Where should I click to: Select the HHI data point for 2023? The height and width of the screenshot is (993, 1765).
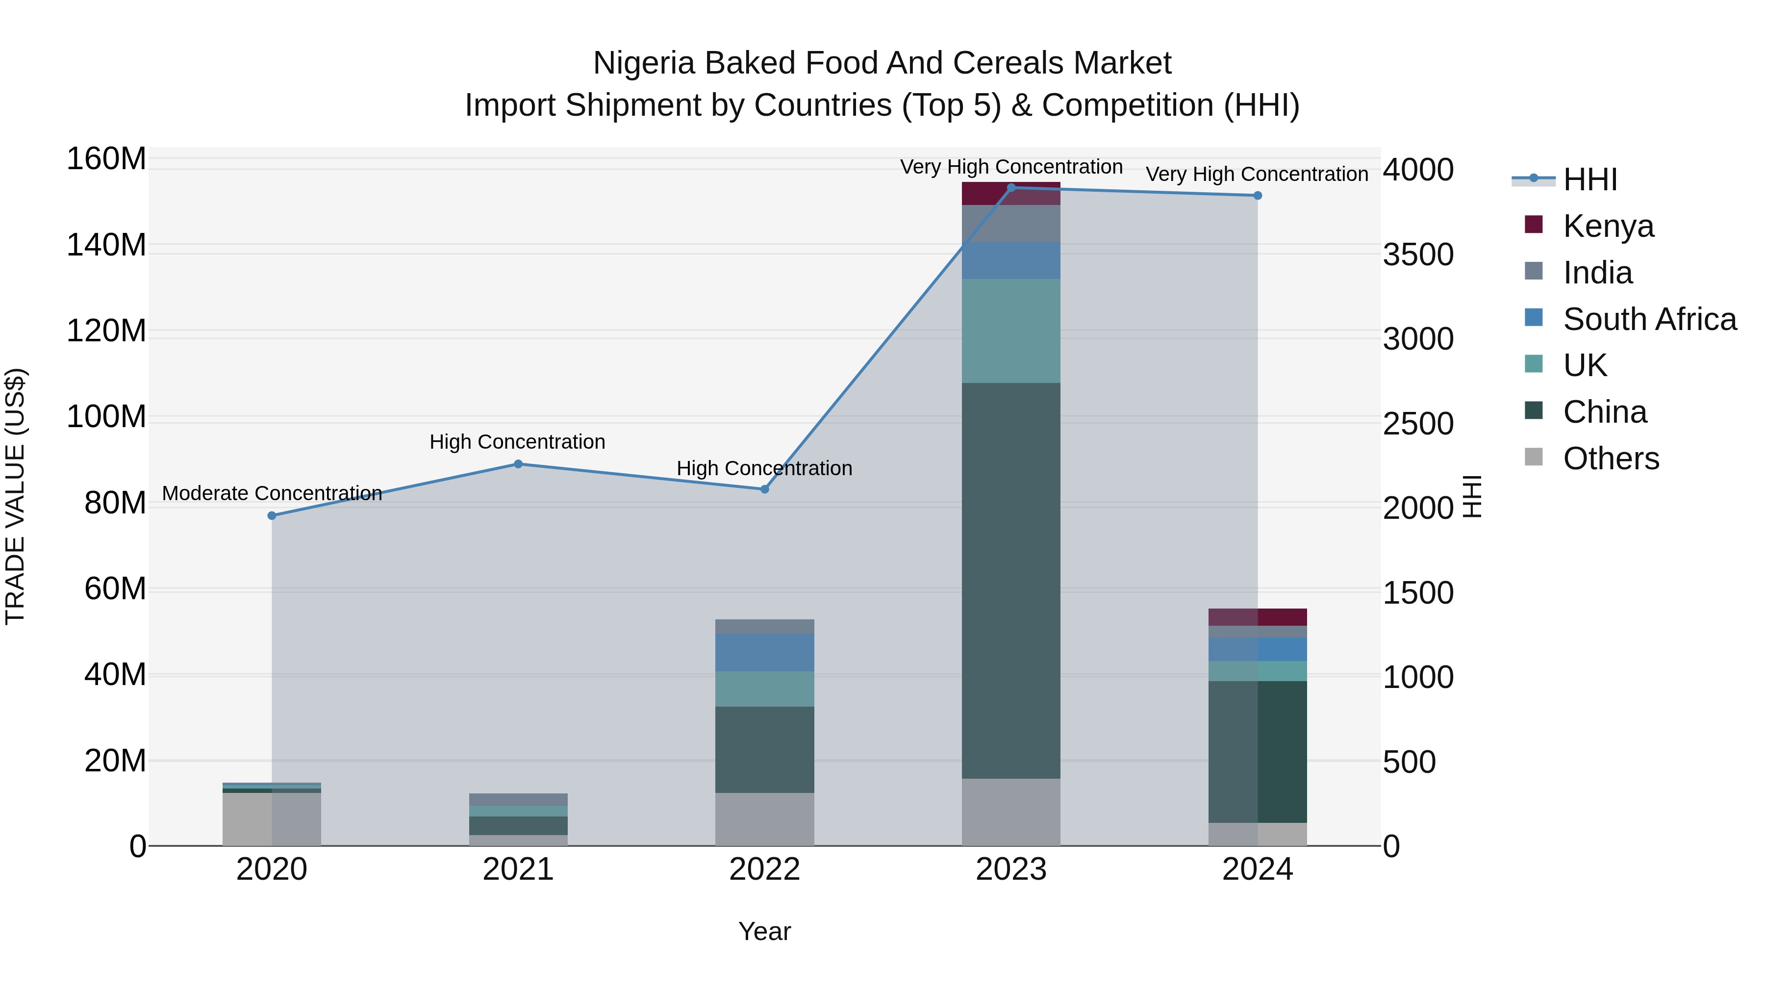coord(1011,188)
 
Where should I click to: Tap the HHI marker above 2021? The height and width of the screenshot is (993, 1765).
coord(518,464)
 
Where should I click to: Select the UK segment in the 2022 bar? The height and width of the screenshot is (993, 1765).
coord(765,689)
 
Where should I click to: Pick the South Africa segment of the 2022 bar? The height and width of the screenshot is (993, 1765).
coord(765,652)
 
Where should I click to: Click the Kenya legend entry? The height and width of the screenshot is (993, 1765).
coord(1608,226)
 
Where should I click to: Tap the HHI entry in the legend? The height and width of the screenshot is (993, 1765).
coord(1589,179)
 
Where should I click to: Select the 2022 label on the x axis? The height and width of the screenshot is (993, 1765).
coord(765,869)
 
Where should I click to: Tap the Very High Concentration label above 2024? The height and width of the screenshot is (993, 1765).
coord(1257,174)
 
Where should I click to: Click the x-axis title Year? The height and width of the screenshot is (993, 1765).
coord(765,931)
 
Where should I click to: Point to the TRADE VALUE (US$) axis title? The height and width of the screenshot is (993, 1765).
coord(15,496)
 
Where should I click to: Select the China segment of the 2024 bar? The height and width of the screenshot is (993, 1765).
coord(1257,751)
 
